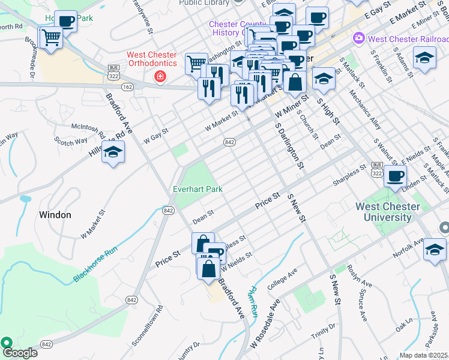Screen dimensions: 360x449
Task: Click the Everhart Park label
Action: (198, 189)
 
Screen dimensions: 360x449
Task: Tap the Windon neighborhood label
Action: (55, 214)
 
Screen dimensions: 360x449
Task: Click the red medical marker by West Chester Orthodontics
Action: (160, 76)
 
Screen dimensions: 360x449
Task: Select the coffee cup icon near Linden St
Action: (395, 176)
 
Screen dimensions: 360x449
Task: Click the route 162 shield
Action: (127, 87)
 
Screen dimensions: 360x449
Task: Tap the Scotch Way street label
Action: (71, 142)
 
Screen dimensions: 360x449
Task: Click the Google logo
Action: (20, 352)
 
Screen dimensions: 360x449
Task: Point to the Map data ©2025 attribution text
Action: (423, 355)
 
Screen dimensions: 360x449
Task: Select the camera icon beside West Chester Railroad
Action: (359, 38)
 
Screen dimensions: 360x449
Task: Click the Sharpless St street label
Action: (349, 175)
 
